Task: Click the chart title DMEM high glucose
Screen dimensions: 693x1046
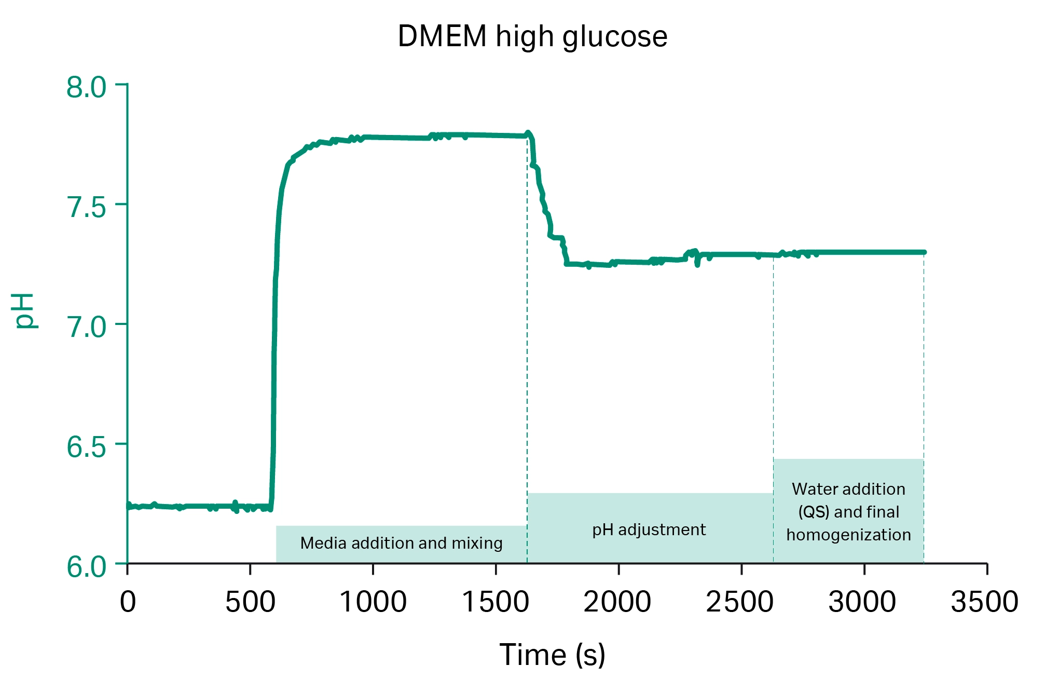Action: click(532, 37)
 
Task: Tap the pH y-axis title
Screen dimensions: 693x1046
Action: click(24, 310)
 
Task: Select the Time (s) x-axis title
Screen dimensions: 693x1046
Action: click(552, 655)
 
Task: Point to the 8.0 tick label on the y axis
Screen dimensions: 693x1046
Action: click(86, 87)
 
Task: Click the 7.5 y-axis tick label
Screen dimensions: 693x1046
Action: click(86, 207)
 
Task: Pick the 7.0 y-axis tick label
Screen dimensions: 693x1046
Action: click(86, 327)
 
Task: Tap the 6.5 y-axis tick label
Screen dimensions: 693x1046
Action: click(86, 447)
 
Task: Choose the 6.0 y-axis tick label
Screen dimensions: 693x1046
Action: click(86, 567)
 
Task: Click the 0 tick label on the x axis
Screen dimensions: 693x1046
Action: click(128, 602)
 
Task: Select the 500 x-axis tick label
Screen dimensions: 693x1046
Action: click(250, 602)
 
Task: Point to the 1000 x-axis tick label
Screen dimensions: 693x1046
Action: click(373, 602)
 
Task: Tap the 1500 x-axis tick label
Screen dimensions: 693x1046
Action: click(496, 602)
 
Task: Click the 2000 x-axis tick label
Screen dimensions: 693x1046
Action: click(617, 602)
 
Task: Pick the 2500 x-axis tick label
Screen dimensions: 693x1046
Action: click(740, 602)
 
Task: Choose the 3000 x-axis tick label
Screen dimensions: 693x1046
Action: click(862, 602)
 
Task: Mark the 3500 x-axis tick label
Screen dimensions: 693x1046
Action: click(985, 602)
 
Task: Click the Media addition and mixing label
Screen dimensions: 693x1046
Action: click(401, 543)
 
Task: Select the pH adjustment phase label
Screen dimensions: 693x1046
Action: click(649, 530)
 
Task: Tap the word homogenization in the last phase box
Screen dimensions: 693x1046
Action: click(848, 535)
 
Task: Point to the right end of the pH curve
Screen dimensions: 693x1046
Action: click(924, 252)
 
